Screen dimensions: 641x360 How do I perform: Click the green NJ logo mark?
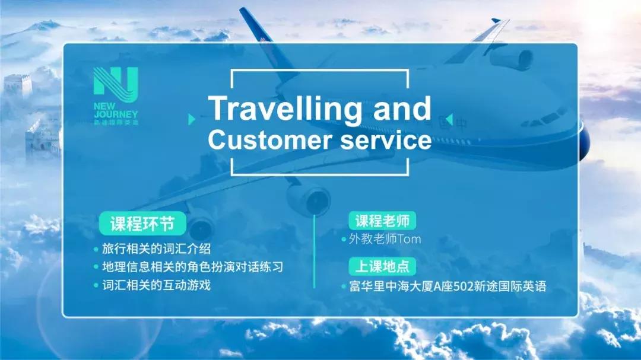(x=116, y=84)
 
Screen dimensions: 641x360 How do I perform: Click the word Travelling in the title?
(x=285, y=109)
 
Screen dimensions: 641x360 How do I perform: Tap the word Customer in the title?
(x=270, y=139)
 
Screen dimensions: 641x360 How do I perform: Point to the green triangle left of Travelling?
(x=191, y=119)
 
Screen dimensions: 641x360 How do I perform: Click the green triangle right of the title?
(x=449, y=119)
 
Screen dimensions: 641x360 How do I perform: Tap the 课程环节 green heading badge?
(x=142, y=224)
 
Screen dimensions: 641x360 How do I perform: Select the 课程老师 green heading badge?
(x=382, y=221)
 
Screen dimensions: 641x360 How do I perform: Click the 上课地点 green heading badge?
(x=382, y=266)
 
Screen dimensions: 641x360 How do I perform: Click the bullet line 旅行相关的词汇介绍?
(x=156, y=249)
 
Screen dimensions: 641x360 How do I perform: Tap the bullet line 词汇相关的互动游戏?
(x=156, y=285)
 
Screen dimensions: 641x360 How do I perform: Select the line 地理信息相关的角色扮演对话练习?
(x=192, y=267)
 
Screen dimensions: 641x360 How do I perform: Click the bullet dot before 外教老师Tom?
(x=344, y=240)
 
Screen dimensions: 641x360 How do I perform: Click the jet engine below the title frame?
(x=309, y=199)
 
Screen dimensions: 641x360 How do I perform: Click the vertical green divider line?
(x=315, y=251)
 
